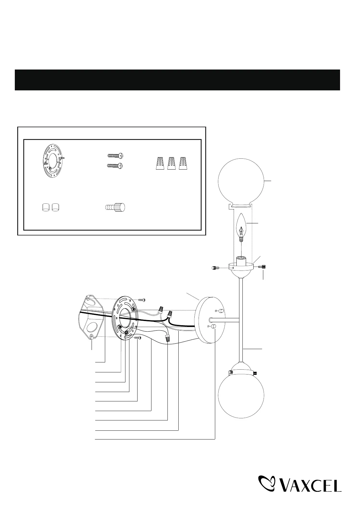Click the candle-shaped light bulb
(x=242, y=227)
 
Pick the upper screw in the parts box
(x=115, y=156)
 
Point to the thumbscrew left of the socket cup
(x=214, y=268)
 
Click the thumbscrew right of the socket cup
(x=262, y=267)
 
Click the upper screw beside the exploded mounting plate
(x=142, y=300)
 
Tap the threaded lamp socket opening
(x=241, y=259)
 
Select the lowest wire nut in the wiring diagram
(x=167, y=339)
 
